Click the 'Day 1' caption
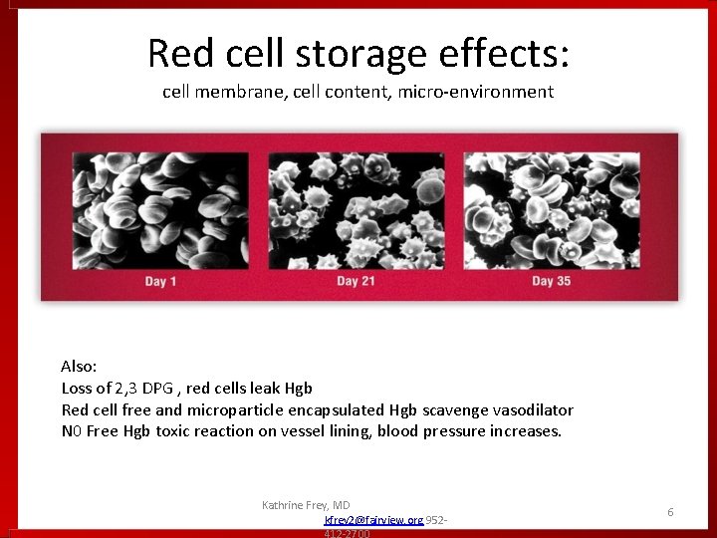pos(161,281)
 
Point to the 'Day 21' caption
pos(357,281)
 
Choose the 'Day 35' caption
pos(551,281)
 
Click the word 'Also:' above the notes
pos(79,367)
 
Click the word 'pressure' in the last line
pos(455,431)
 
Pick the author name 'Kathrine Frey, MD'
pos(306,505)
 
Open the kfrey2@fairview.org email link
pos(373,520)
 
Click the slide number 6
pos(670,512)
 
